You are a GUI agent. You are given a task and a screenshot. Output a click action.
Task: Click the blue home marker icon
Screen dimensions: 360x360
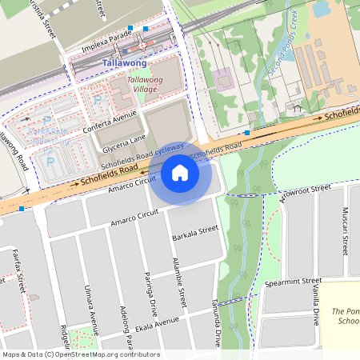click(180, 173)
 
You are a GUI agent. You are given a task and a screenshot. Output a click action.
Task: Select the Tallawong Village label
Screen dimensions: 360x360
click(145, 85)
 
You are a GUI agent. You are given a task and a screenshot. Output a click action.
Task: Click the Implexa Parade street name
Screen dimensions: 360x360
click(101, 44)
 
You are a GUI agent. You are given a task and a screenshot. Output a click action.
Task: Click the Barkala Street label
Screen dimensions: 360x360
click(195, 233)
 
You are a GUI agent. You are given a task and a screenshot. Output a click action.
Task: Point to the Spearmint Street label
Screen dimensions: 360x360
click(292, 283)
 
